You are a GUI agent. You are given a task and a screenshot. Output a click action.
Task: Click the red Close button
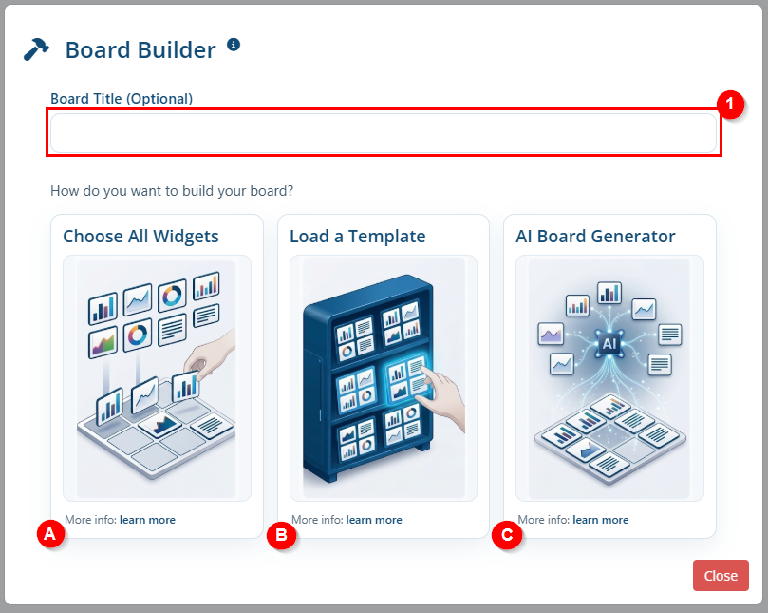(721, 575)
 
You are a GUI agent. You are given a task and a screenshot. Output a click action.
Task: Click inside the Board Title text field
(384, 133)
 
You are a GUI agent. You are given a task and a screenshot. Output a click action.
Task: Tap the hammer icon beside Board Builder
(36, 49)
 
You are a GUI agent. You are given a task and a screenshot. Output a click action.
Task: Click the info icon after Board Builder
(234, 45)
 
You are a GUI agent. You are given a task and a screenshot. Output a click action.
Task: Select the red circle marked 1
(730, 105)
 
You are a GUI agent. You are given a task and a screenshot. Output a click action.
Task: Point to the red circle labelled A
(50, 534)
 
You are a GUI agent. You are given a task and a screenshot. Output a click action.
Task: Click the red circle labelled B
(281, 534)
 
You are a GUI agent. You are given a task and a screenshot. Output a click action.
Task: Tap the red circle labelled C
(507, 534)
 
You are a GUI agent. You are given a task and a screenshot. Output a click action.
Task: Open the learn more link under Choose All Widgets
(147, 520)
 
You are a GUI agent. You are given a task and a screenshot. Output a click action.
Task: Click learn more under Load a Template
(374, 520)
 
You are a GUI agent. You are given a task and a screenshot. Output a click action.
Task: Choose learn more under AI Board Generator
(601, 520)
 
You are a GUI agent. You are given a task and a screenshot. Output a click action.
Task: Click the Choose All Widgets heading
(141, 237)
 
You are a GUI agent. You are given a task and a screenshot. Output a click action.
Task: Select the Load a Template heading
(358, 237)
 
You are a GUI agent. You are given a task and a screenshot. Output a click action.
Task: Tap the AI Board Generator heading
(595, 237)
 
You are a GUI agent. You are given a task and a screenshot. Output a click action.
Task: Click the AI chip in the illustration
(609, 343)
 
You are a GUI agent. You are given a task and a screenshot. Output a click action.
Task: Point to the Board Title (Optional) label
(122, 99)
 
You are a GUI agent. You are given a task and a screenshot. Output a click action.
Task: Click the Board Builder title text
(140, 50)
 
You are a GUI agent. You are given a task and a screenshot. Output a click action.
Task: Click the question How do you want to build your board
(172, 191)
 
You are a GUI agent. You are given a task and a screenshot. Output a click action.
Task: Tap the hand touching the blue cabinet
(441, 394)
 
